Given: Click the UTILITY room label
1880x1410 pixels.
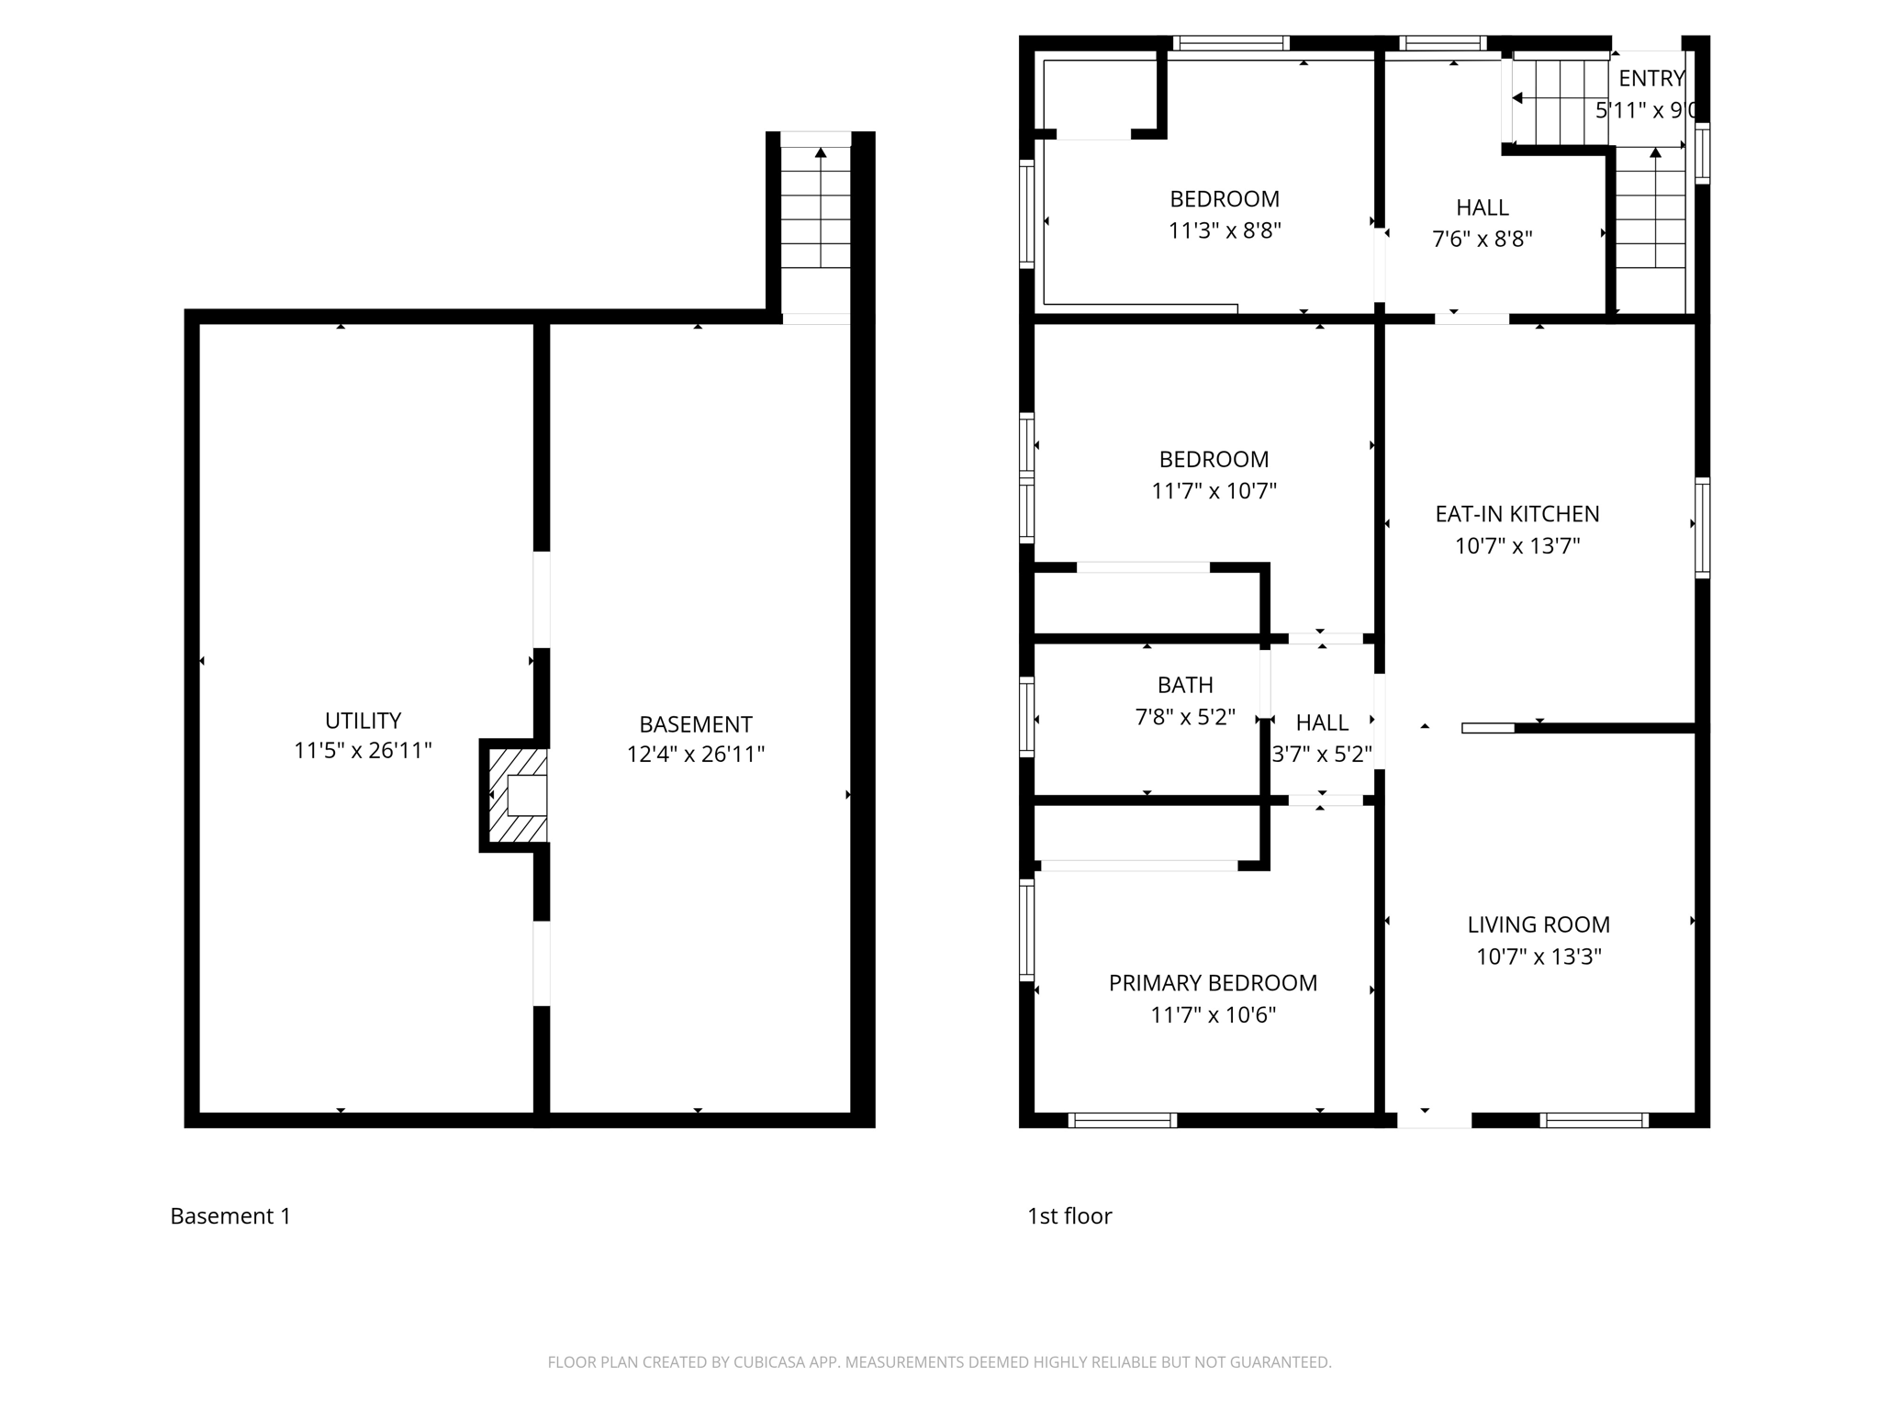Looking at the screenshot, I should click(363, 721).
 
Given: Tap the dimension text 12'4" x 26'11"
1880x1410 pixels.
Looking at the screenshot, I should click(695, 755).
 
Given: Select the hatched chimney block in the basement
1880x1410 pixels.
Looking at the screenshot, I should click(518, 796).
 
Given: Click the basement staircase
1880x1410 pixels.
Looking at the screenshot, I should click(815, 207).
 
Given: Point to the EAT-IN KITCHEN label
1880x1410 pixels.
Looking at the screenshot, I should click(1516, 514).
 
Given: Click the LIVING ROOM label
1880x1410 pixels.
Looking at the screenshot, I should click(1538, 924).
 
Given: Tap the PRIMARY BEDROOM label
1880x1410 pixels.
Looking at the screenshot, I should click(1212, 983).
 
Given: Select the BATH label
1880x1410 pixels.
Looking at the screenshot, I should click(1184, 685).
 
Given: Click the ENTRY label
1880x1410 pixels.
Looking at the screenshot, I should click(1651, 79).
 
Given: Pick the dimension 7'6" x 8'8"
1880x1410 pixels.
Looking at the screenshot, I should click(1482, 240).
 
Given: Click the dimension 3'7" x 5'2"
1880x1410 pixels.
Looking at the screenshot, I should click(1321, 755).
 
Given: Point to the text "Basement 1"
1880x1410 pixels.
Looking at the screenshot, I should click(230, 1216).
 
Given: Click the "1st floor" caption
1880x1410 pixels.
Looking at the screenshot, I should click(1069, 1216).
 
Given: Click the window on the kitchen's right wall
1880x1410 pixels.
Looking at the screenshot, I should click(1701, 528).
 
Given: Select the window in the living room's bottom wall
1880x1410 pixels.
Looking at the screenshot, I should click(1594, 1120).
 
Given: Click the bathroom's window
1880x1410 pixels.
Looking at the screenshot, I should click(1027, 718).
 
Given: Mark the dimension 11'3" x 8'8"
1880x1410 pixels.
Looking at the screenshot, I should click(1224, 230).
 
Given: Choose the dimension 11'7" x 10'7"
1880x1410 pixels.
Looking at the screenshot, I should click(1214, 491).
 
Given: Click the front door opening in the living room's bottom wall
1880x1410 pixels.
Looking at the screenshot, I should click(1433, 1120).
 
